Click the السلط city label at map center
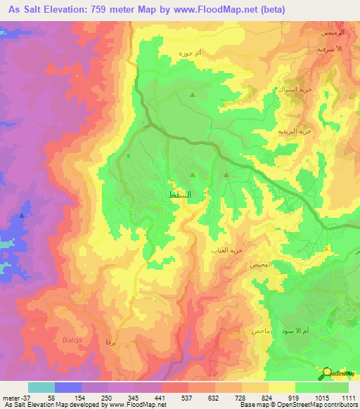pos(181,193)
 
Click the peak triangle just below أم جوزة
pos(192,93)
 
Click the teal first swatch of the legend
pos(41,387)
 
